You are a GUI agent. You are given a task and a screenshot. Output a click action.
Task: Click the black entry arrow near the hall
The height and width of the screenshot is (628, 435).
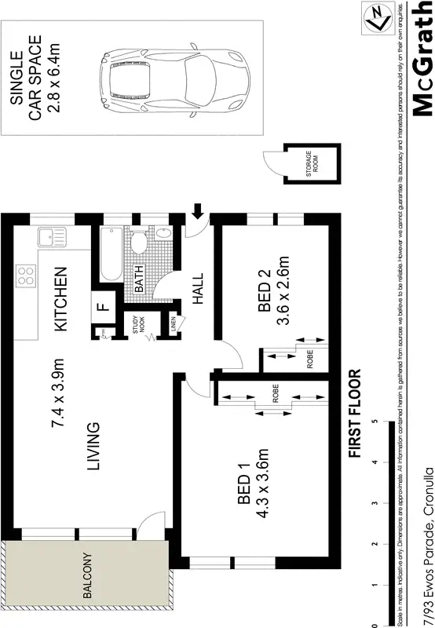point(197,209)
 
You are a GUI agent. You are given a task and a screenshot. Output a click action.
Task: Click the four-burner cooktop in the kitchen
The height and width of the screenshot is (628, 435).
point(25,276)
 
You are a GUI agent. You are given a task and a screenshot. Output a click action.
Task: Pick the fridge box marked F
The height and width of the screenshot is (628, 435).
point(102,307)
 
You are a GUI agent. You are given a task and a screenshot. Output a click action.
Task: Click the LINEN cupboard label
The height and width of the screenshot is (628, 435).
point(174,323)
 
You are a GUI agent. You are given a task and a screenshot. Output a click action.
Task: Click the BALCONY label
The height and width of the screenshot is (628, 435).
point(88,578)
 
